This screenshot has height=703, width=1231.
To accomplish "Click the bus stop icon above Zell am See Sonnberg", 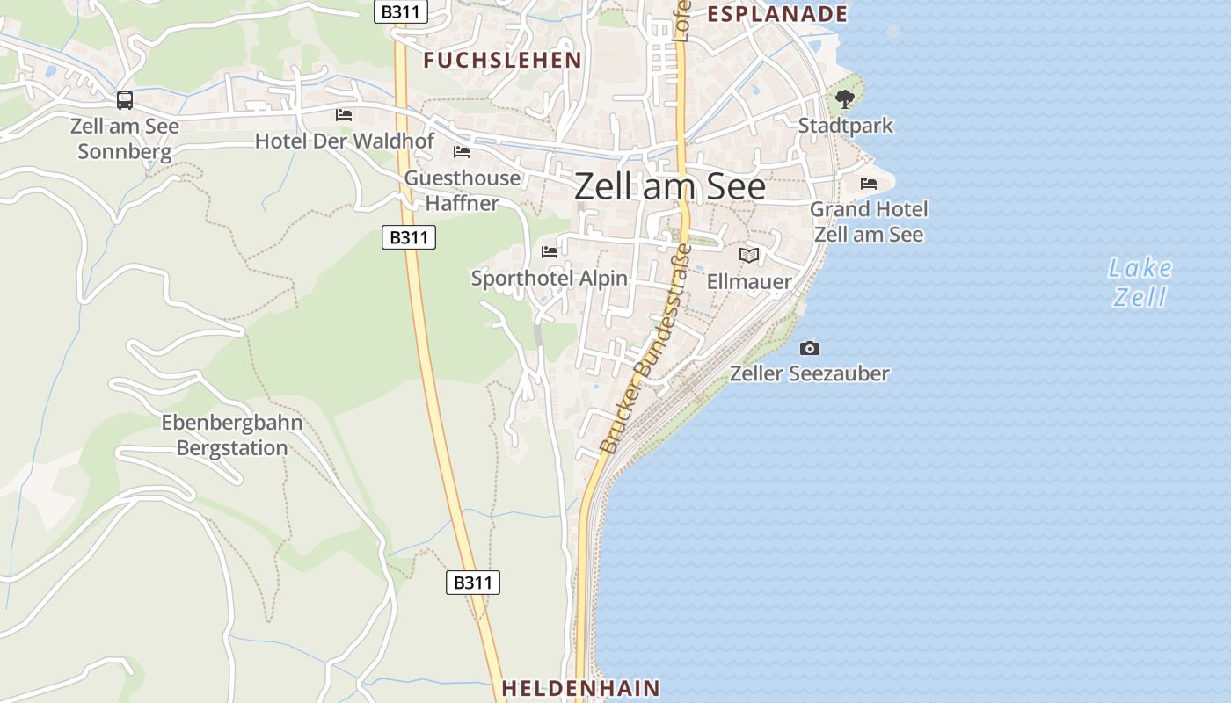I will tap(125, 100).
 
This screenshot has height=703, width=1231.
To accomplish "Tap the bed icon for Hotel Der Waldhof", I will tap(344, 115).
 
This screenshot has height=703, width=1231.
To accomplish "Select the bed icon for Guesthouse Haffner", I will tap(462, 152).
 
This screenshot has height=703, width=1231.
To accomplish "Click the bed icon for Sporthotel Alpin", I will tap(550, 252).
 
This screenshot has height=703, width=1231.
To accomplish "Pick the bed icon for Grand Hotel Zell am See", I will tap(869, 184).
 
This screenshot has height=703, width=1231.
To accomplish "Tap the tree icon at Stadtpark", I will tap(845, 99).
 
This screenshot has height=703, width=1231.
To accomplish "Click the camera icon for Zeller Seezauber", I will tap(810, 349).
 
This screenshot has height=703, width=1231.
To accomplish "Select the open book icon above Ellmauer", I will tap(749, 256).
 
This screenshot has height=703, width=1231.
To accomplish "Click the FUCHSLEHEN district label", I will tap(502, 61).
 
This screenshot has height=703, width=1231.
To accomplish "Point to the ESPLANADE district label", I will tap(777, 14).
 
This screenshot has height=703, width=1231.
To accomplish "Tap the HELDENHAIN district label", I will tap(580, 688).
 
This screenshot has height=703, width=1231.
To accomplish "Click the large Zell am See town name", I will tap(670, 187).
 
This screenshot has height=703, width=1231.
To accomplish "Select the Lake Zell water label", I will tap(1140, 282).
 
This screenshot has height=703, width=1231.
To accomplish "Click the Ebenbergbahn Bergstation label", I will tap(232, 435).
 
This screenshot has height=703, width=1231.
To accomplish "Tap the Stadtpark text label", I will tap(845, 126).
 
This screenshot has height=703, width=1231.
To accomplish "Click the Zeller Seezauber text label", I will tap(809, 373).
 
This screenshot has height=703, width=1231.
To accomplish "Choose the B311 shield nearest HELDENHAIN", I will tap(473, 583).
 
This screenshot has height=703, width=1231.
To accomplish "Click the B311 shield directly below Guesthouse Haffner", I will tap(409, 237).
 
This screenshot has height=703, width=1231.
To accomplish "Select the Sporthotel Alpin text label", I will tap(550, 279).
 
